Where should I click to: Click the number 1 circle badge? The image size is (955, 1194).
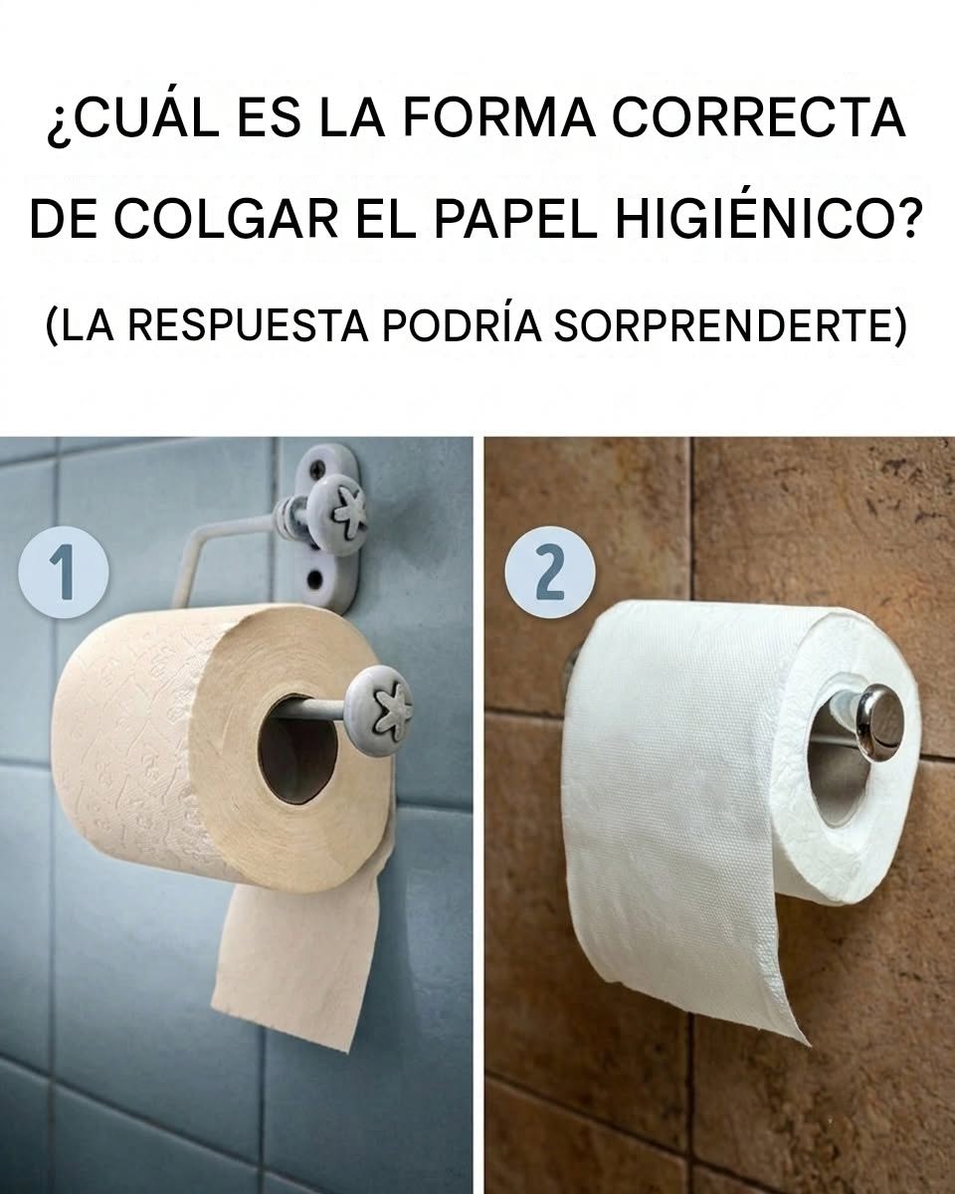pos(64,571)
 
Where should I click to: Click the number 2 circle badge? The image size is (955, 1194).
pos(550,571)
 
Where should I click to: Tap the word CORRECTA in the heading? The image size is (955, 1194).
pos(759,118)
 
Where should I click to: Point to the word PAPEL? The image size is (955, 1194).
pos(515,219)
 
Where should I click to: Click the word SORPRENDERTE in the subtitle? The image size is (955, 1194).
pos(730,325)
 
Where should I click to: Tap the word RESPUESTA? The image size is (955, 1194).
pos(248,325)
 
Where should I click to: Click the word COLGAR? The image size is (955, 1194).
pos(228,219)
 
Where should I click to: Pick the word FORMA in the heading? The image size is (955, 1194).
pos(498,118)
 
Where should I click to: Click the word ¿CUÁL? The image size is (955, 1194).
pos(133,118)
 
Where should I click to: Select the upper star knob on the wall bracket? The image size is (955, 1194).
pos(337,514)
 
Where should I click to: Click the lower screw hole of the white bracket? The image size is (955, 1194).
pos(316,580)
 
